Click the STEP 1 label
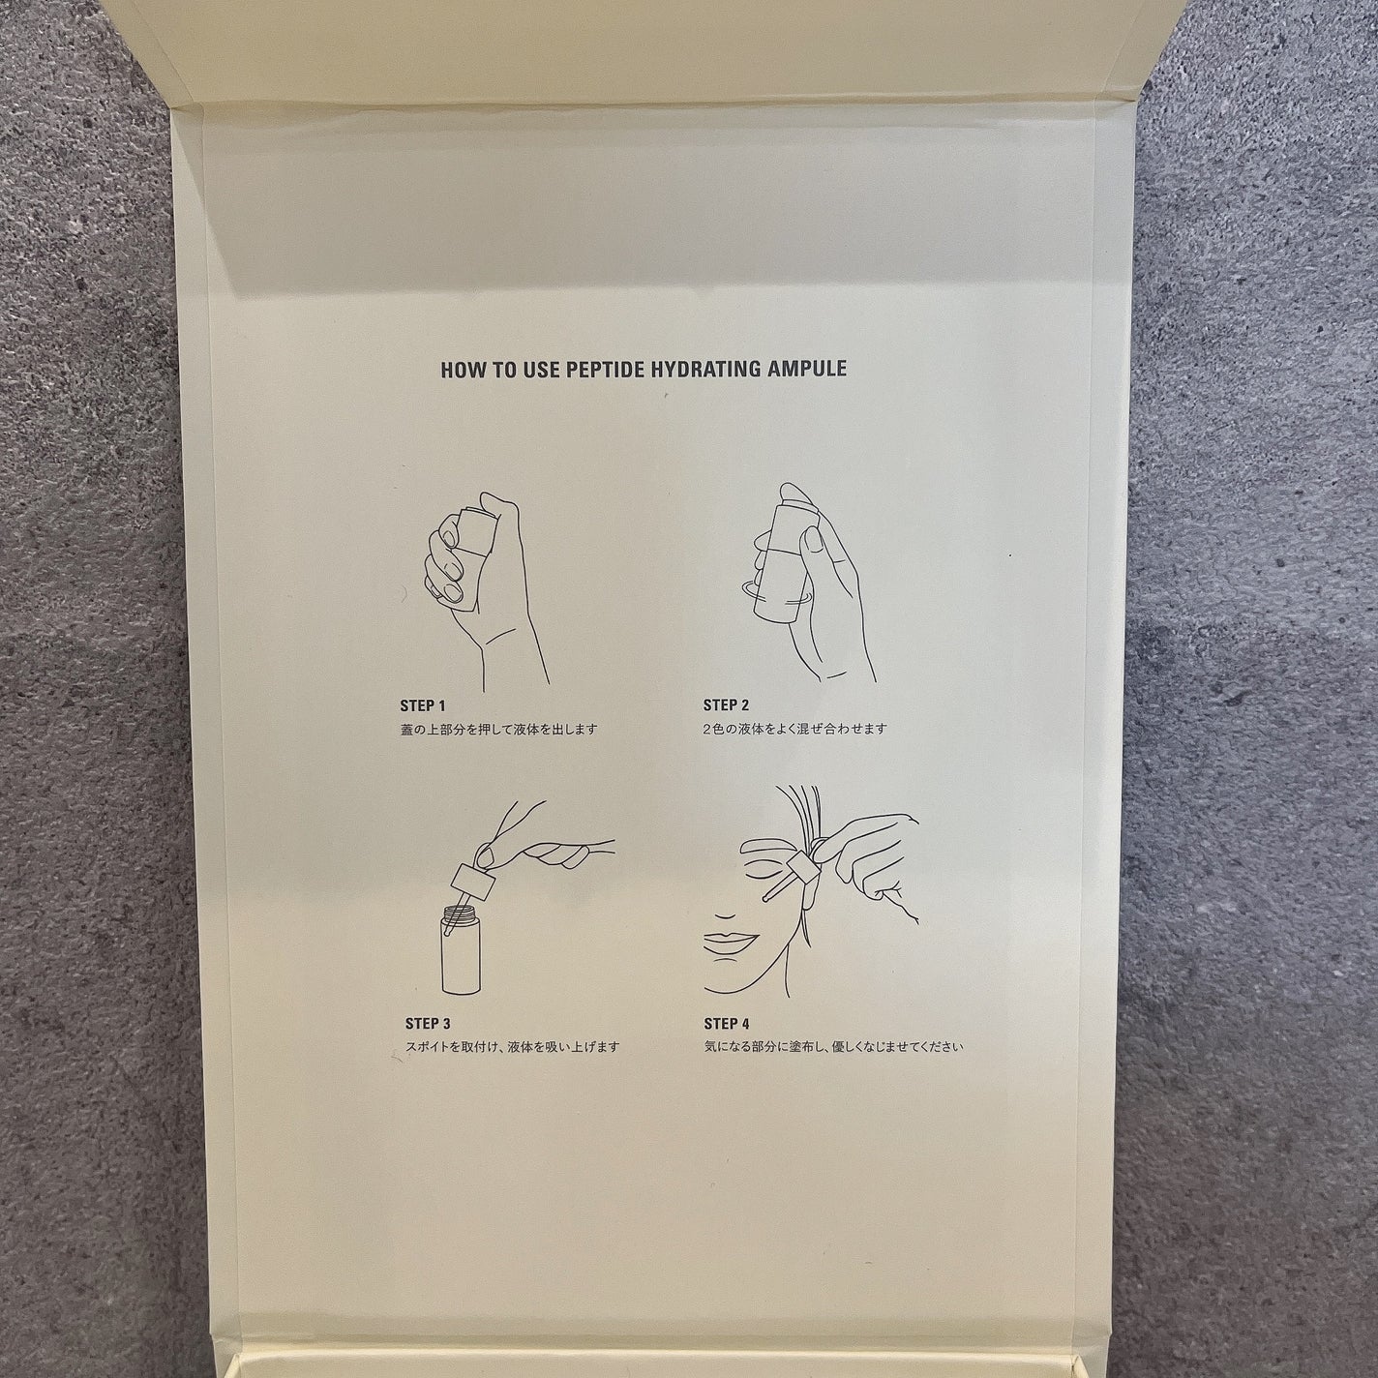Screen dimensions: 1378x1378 tap(423, 706)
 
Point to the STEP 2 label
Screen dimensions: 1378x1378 tap(726, 705)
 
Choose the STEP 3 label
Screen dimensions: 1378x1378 tap(428, 1024)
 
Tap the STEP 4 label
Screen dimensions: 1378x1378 tap(727, 1024)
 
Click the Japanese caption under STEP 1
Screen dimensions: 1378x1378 tap(498, 730)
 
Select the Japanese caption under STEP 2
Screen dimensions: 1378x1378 tap(794, 730)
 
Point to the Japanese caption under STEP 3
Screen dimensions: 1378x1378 tap(512, 1047)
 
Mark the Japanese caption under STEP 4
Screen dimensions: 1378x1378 tap(834, 1047)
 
